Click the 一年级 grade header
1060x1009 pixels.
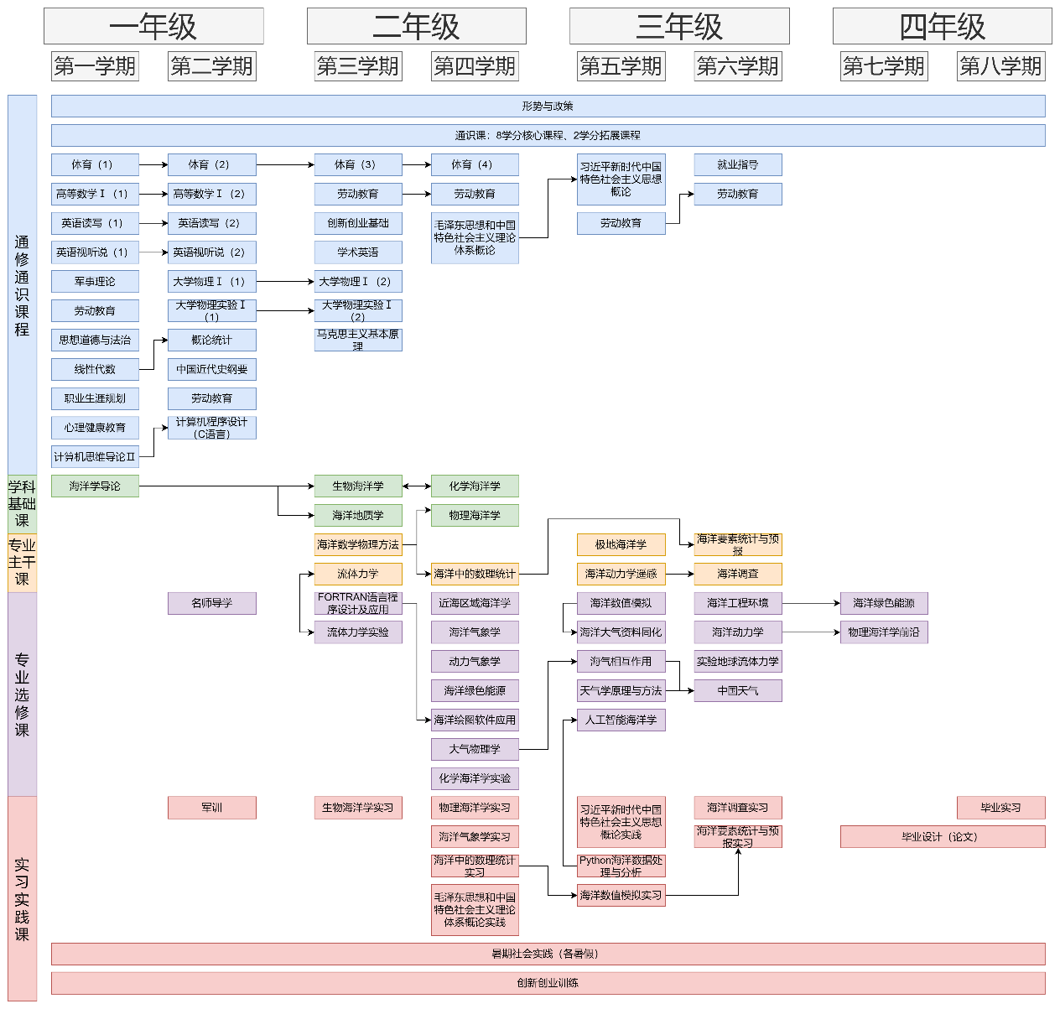153,27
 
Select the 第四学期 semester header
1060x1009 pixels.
475,66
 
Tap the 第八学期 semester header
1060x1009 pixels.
1000,66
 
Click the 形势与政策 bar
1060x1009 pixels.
548,107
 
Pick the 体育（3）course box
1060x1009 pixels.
357,164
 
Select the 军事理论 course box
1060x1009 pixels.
95,282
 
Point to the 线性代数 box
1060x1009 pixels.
95,369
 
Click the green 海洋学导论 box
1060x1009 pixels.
95,486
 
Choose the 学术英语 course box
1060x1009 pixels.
357,252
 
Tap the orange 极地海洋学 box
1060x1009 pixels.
621,545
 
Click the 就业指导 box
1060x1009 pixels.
737,165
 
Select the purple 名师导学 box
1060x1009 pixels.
211,603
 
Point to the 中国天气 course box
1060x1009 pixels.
737,691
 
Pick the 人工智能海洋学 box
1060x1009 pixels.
621,720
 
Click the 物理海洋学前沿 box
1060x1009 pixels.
883,632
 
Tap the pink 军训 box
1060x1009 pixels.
211,808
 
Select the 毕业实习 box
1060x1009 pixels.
1000,808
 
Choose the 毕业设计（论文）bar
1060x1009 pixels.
942,837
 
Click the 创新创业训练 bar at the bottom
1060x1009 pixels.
548,983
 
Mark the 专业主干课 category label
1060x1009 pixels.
22,562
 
